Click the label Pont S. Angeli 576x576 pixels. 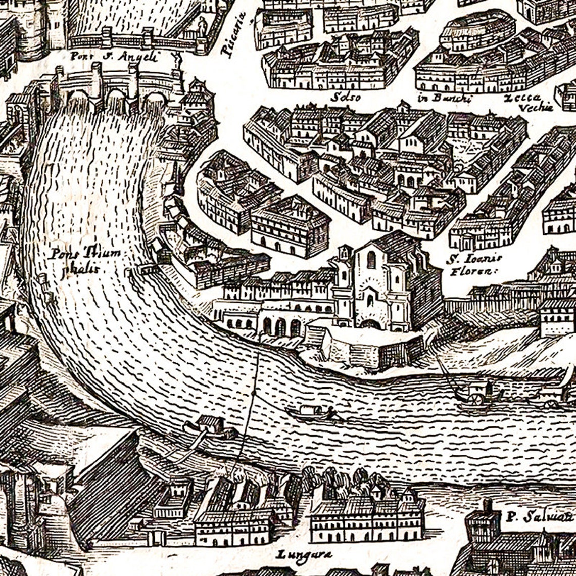pyautogui.click(x=114, y=56)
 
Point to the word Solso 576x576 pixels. pyautogui.click(x=345, y=97)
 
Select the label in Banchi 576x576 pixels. pyautogui.click(x=444, y=98)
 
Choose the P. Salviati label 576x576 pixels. pyautogui.click(x=540, y=517)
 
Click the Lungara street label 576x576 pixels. pyautogui.click(x=304, y=555)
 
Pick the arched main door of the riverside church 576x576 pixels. pyautogui.click(x=370, y=324)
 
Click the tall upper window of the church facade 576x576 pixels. pyautogui.click(x=371, y=260)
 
